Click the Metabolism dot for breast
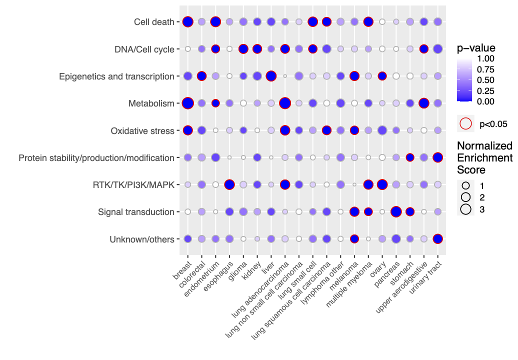(x=188, y=103)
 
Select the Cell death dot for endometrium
(x=215, y=22)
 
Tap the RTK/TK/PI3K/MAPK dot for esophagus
(x=229, y=184)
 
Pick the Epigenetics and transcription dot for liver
(x=271, y=76)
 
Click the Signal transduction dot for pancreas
(x=396, y=211)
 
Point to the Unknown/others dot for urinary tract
(x=438, y=239)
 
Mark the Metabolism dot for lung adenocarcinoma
(x=285, y=103)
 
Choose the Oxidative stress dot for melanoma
(x=354, y=130)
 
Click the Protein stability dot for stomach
(x=410, y=157)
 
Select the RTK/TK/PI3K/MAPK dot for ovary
(x=382, y=184)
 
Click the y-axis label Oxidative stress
(x=142, y=131)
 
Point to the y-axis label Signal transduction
(x=136, y=212)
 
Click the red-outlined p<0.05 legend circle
(x=465, y=123)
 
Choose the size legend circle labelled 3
(x=466, y=209)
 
